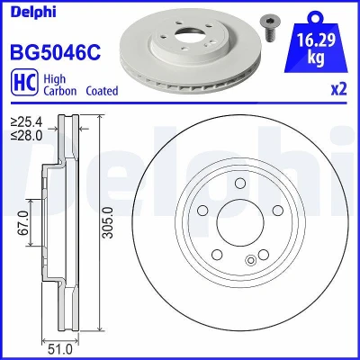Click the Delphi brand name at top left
click(33, 12)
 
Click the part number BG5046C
click(56, 52)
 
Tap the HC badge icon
click(24, 82)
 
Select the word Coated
click(102, 91)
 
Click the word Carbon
click(60, 91)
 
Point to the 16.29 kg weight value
click(316, 48)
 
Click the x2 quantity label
click(338, 89)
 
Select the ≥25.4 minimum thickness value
click(27, 122)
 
